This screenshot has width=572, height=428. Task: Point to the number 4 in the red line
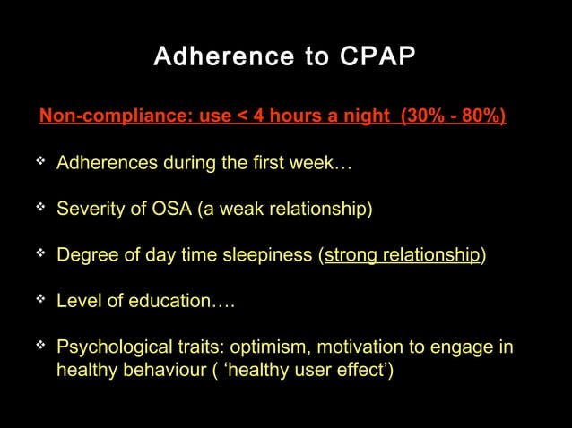pyautogui.click(x=246, y=116)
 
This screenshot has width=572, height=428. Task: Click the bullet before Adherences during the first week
pyautogui.click(x=40, y=162)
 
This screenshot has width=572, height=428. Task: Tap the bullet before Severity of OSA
pyautogui.click(x=40, y=208)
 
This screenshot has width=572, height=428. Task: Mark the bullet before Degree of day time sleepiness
pyautogui.click(x=40, y=253)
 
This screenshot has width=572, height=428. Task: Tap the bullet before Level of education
pyautogui.click(x=40, y=299)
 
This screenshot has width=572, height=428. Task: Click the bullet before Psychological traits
pyautogui.click(x=40, y=345)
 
